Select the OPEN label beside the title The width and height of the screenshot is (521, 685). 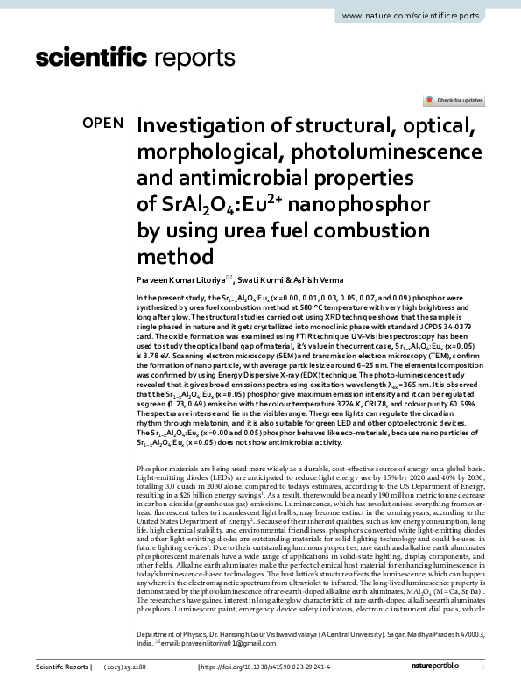[x=103, y=124]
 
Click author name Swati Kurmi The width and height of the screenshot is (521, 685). [x=263, y=280]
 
